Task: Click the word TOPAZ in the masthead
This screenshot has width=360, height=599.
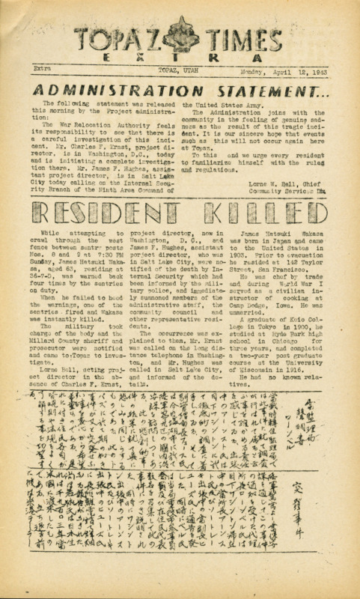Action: click(119, 37)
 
